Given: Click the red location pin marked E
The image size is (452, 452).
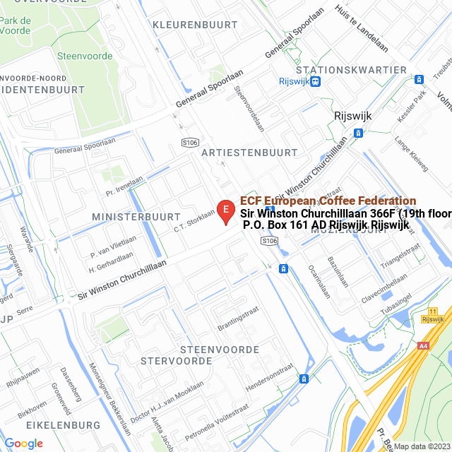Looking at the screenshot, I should point(225,210).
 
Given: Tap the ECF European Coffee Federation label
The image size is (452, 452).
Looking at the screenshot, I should point(328,201).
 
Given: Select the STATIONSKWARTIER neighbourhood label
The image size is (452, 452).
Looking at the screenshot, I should point(352,70).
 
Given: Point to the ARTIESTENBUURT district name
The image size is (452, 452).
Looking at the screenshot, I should point(249,153).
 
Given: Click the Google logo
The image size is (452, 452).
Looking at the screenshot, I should point(23,443).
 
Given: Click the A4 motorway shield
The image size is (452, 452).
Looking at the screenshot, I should point(424,346).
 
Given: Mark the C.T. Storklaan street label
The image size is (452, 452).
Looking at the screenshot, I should point(194,220).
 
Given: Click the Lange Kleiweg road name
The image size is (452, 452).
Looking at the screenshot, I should point(412,155).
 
